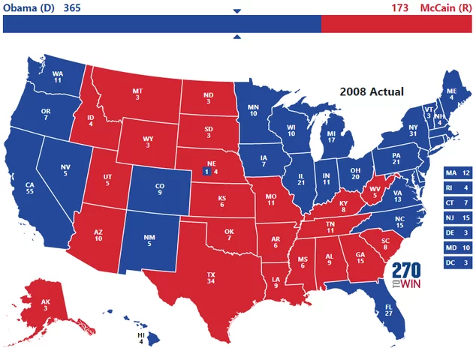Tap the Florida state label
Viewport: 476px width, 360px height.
coord(388,310)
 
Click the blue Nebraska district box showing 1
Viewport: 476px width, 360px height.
coord(206,172)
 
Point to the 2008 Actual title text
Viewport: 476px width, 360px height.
coord(372,91)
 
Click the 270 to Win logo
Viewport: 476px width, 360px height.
coord(406,276)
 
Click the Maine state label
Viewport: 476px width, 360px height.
coord(451,93)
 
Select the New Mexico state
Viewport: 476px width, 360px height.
coord(149,240)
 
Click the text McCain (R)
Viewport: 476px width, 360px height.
coord(445,7)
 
